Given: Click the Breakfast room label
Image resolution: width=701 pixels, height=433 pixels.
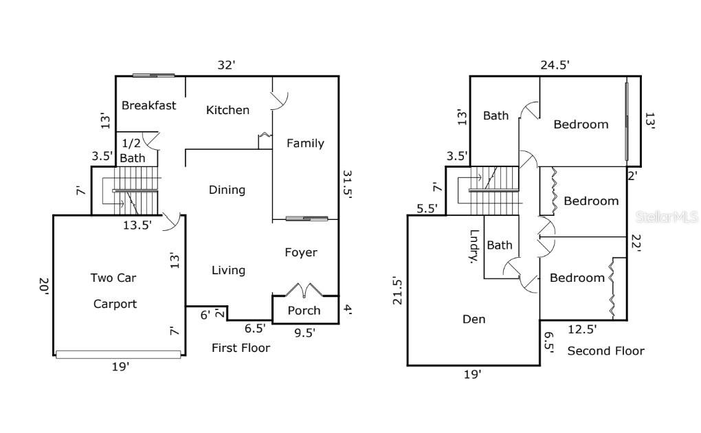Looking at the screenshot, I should point(148,105).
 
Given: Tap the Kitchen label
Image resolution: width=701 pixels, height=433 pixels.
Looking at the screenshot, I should point(227,110).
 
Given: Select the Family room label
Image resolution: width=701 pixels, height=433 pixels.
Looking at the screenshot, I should point(305,143).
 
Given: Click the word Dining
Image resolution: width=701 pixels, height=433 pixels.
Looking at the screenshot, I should point(227,190).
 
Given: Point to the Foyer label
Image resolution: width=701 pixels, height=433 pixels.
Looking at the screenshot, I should point(301,252).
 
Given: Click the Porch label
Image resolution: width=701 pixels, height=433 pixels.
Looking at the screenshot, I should point(304,310).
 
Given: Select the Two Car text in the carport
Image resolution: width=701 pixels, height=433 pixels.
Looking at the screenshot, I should point(113,278).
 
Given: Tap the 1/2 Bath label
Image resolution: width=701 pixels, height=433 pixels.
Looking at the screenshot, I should point(133,151).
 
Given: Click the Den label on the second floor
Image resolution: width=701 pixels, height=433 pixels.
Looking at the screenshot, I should point(474,319).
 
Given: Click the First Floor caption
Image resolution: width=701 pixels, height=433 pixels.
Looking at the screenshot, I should point(241,348).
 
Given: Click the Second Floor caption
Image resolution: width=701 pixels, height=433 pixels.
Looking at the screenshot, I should point(605,351).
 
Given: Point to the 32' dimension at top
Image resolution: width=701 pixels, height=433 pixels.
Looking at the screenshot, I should point(226,65).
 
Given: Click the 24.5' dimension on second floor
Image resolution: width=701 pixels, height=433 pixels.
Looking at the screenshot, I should point(554,65).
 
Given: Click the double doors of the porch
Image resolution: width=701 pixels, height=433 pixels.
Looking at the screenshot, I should point(304,289).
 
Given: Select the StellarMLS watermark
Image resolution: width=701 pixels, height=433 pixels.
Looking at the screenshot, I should point(666,216).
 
